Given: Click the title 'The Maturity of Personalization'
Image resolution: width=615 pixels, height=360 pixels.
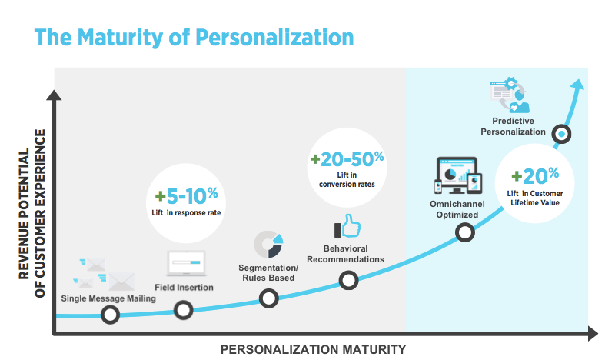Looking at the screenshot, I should click(x=194, y=38).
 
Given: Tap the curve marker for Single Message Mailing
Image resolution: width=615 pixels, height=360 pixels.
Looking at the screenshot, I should click(x=111, y=315).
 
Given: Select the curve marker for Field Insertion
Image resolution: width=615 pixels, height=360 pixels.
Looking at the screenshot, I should click(x=184, y=310).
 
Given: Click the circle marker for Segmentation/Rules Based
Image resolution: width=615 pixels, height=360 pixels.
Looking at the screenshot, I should click(x=268, y=298).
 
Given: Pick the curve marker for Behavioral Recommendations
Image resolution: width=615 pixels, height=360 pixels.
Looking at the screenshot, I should click(x=349, y=280).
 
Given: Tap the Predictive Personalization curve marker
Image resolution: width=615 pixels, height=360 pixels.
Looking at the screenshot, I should click(x=562, y=134).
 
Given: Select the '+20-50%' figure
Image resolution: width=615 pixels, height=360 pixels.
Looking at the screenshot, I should click(x=347, y=159).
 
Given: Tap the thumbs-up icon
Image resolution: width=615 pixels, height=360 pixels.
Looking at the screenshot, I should click(x=347, y=228).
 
